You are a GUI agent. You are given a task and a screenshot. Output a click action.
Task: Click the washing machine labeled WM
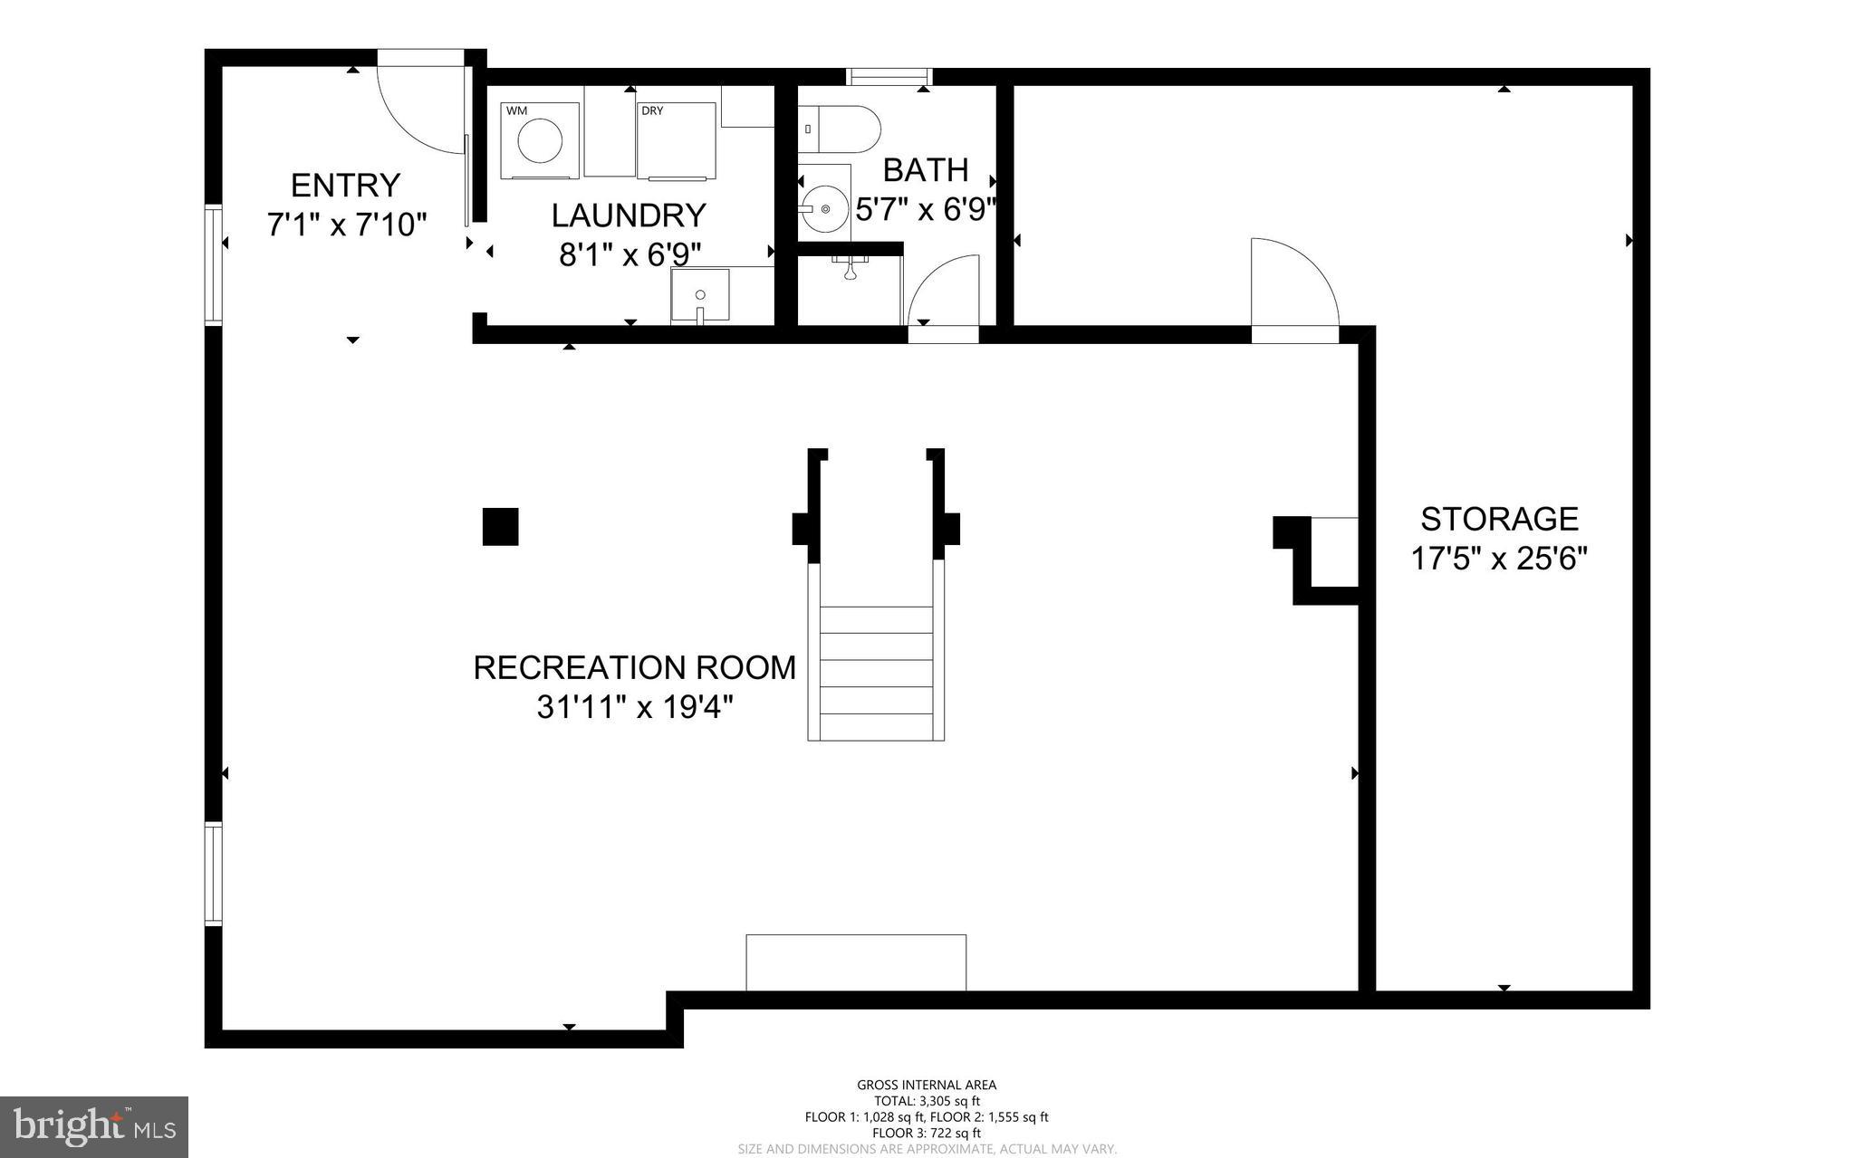pos(540,140)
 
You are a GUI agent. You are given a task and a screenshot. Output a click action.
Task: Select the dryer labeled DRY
pos(676,141)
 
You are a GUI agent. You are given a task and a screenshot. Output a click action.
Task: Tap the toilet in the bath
pos(841,129)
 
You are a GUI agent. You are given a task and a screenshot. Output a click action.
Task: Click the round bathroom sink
pos(824,209)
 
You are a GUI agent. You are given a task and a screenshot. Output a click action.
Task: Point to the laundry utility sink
pos(699,295)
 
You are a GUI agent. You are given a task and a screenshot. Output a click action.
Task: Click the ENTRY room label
pos(345,186)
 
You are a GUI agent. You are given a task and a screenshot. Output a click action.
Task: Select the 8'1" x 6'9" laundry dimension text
pos(630,254)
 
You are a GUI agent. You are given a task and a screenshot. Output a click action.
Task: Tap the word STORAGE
pos(1499,519)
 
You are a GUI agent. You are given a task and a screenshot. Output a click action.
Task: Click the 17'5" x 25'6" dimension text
pos(1499,559)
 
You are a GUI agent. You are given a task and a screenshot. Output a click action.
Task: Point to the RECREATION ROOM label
pos(634,667)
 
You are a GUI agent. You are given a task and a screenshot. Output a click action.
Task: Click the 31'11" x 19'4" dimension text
pos(634,706)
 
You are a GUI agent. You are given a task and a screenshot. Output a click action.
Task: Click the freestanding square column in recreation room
pos(500,527)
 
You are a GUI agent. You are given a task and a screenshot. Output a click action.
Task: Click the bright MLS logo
pos(94,1126)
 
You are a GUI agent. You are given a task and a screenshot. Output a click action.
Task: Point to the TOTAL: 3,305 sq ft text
pos(926,1101)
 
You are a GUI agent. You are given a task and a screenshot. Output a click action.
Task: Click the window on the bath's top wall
pos(888,77)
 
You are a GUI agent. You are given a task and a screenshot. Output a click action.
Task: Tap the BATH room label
pos(925,170)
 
